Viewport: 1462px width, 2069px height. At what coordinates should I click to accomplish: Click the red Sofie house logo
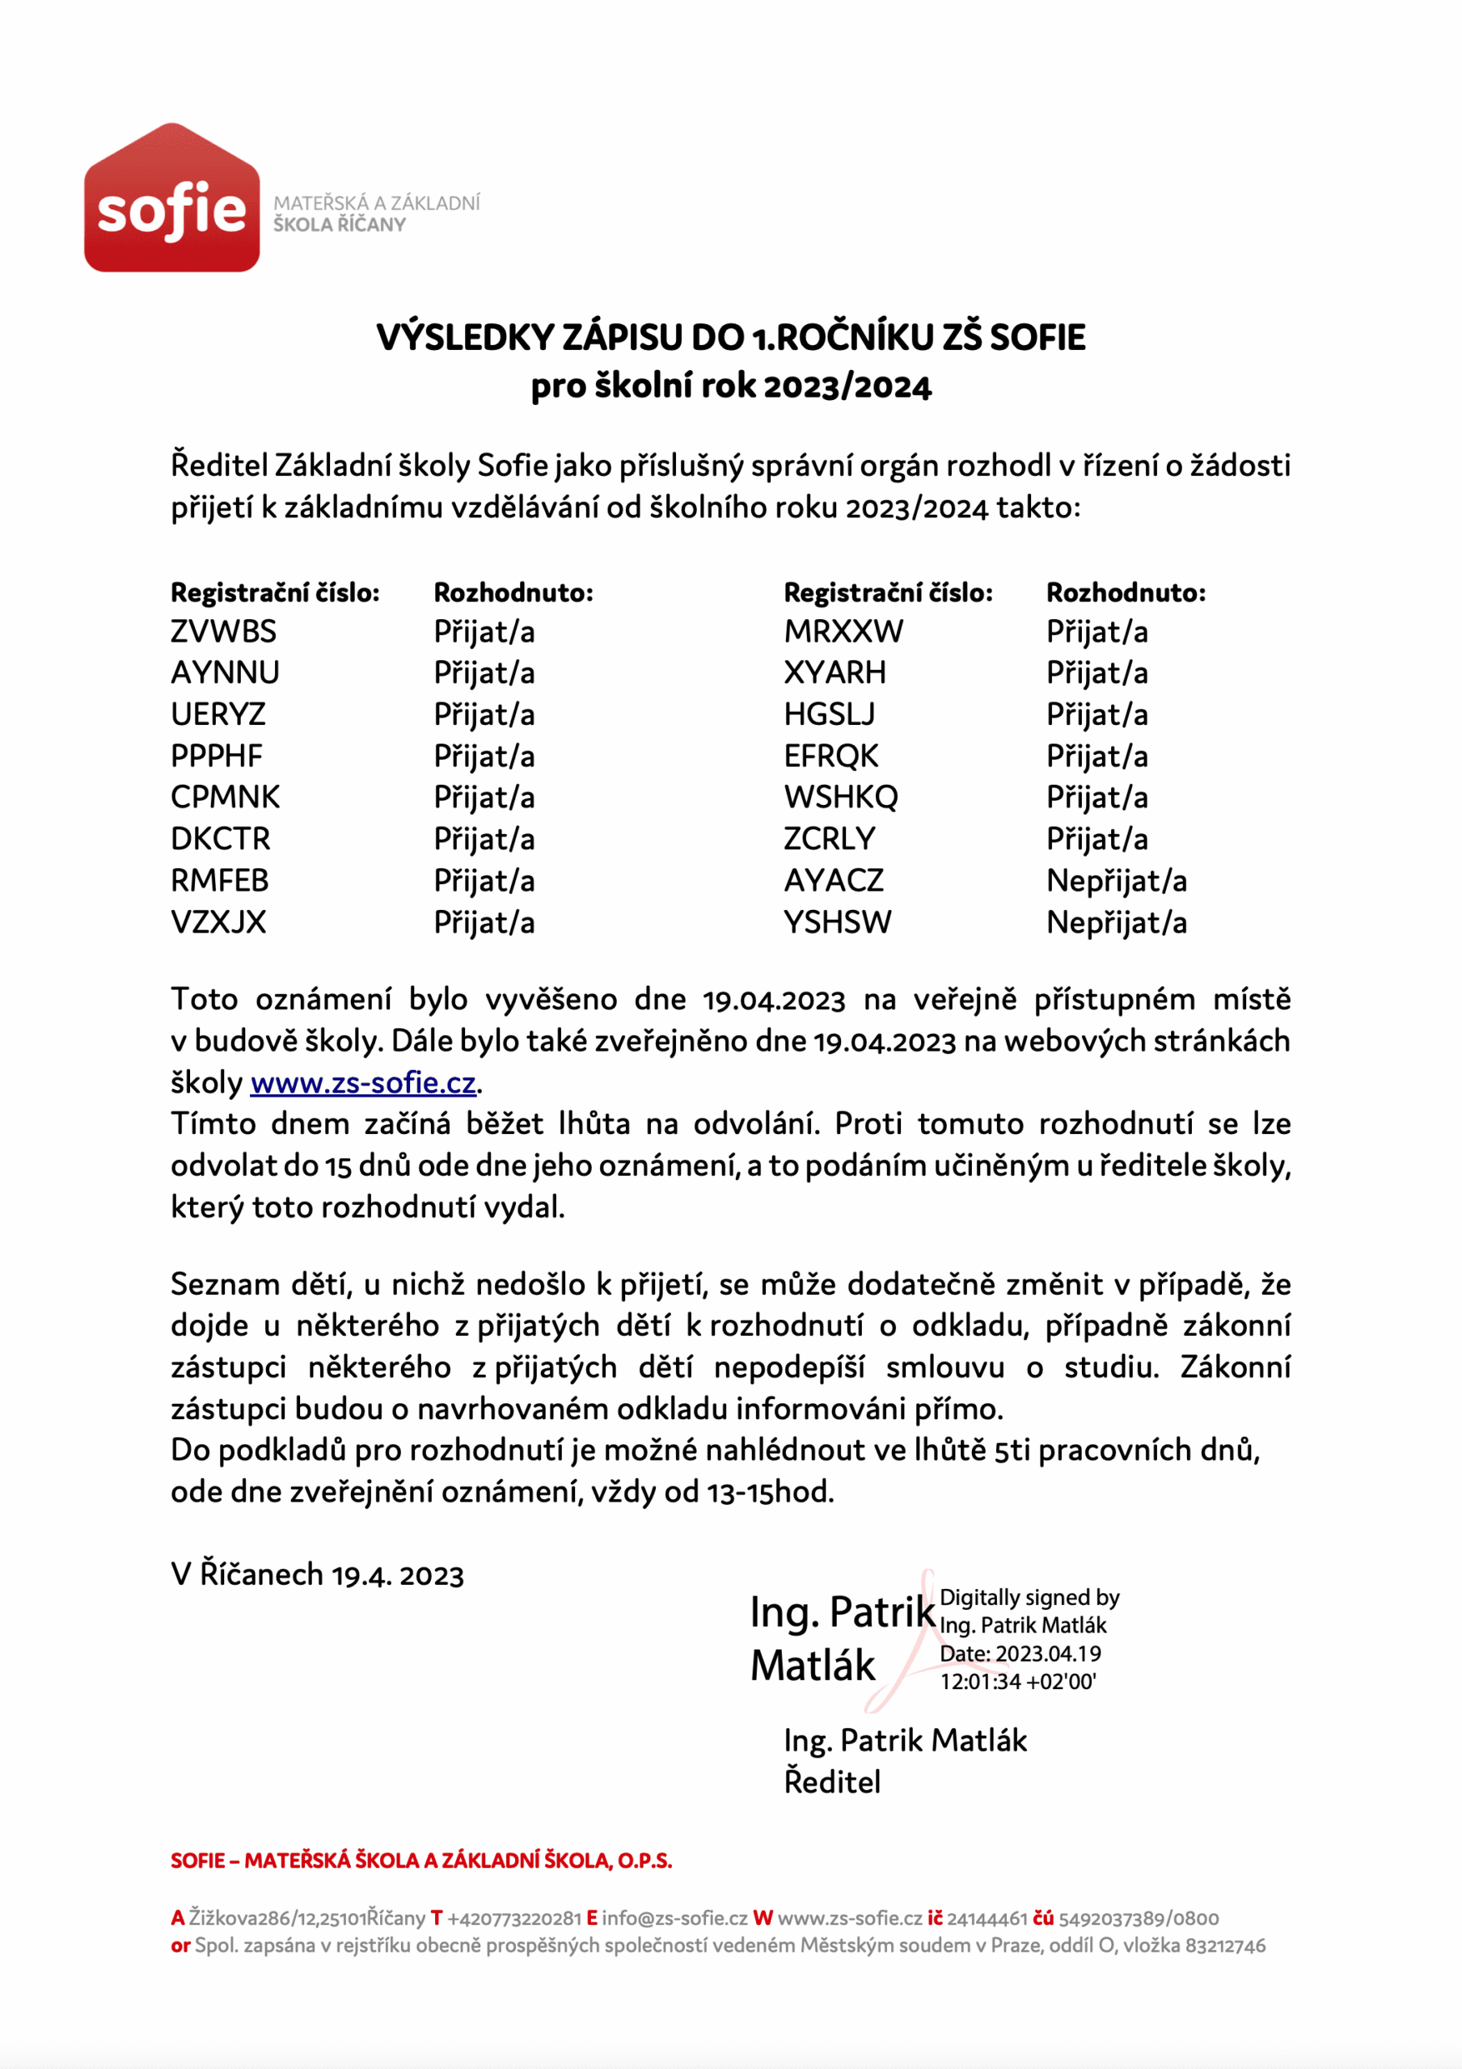[171, 198]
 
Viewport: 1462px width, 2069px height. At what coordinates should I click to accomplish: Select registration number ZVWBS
[223, 632]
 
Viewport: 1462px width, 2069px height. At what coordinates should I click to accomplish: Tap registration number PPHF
[217, 756]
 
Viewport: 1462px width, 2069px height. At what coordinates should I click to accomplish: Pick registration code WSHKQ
[840, 798]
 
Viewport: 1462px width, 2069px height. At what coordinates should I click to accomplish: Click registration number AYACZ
[833, 880]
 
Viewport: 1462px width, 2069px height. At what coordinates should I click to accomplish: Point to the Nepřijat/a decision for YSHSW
[1116, 923]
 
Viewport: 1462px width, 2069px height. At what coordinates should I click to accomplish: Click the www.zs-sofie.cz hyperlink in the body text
[362, 1082]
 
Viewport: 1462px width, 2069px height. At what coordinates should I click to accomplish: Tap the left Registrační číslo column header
[275, 592]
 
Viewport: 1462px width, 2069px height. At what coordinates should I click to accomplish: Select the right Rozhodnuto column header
[1125, 592]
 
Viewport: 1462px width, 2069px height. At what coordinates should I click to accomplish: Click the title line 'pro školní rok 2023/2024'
[730, 386]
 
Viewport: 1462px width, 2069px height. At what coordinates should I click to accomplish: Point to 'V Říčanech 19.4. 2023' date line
[317, 1574]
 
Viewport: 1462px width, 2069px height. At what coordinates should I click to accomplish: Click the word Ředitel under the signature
[831, 1781]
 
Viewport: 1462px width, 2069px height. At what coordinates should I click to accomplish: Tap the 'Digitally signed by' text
[1029, 1598]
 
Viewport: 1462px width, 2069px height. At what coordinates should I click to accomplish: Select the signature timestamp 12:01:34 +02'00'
[1017, 1682]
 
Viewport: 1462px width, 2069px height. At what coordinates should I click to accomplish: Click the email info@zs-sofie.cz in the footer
[674, 1919]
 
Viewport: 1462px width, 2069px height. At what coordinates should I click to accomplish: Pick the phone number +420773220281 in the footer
[513, 1919]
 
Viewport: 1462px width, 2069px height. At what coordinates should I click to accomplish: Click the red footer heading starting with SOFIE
[421, 1860]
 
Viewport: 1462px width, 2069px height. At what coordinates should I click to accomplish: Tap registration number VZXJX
[218, 923]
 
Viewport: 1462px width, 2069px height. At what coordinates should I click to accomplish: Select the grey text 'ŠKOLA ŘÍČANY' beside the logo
[339, 225]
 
